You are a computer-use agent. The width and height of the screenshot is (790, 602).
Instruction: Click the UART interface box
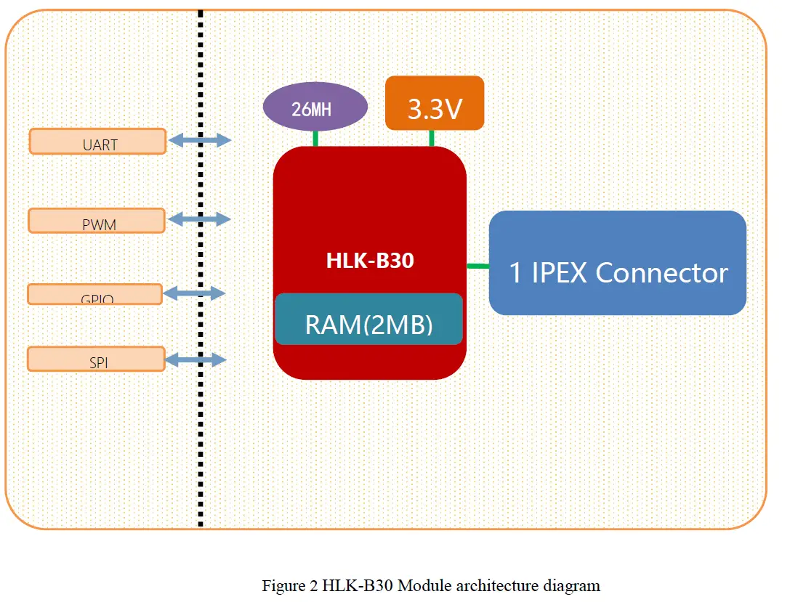pos(98,142)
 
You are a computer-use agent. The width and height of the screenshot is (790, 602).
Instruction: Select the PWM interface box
pos(97,221)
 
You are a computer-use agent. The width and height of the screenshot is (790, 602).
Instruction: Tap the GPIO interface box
pos(95,294)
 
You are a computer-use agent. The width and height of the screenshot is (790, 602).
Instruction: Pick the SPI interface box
pos(97,359)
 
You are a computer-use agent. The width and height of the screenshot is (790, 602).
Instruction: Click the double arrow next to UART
pos(200,141)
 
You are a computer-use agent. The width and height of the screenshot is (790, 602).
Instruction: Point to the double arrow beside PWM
pos(199,219)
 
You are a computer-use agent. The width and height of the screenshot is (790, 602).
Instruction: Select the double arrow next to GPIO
pos(195,293)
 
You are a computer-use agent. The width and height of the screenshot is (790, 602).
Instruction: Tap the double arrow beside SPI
pos(196,359)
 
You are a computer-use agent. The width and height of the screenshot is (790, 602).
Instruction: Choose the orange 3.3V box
pos(435,103)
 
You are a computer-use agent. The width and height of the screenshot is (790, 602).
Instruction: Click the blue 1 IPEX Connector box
pos(618,263)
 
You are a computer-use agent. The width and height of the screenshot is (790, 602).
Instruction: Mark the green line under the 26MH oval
pos(316,139)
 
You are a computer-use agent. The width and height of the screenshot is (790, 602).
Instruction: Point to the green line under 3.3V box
pos(432,138)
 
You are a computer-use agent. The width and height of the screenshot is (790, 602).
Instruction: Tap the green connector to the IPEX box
pos(477,267)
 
